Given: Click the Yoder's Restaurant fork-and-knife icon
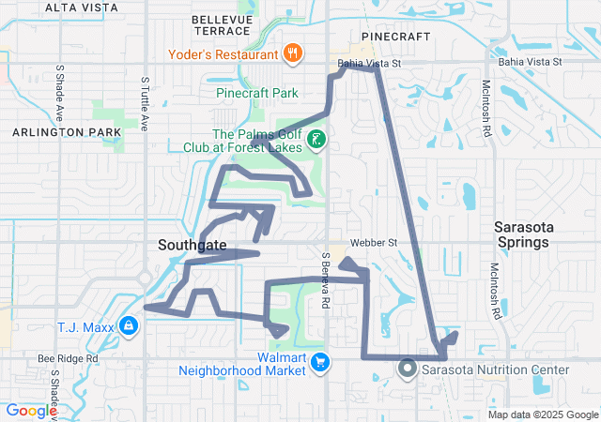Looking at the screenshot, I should (293, 53).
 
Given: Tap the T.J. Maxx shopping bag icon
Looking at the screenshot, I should (128, 326).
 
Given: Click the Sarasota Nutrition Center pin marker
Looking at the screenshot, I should (408, 369).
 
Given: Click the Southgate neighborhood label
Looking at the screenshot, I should (192, 245).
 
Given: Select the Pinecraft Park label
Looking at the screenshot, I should (256, 93).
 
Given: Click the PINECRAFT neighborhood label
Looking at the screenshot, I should (395, 36).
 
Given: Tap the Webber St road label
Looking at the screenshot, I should (376, 243).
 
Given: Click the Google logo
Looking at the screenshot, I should (31, 410).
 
